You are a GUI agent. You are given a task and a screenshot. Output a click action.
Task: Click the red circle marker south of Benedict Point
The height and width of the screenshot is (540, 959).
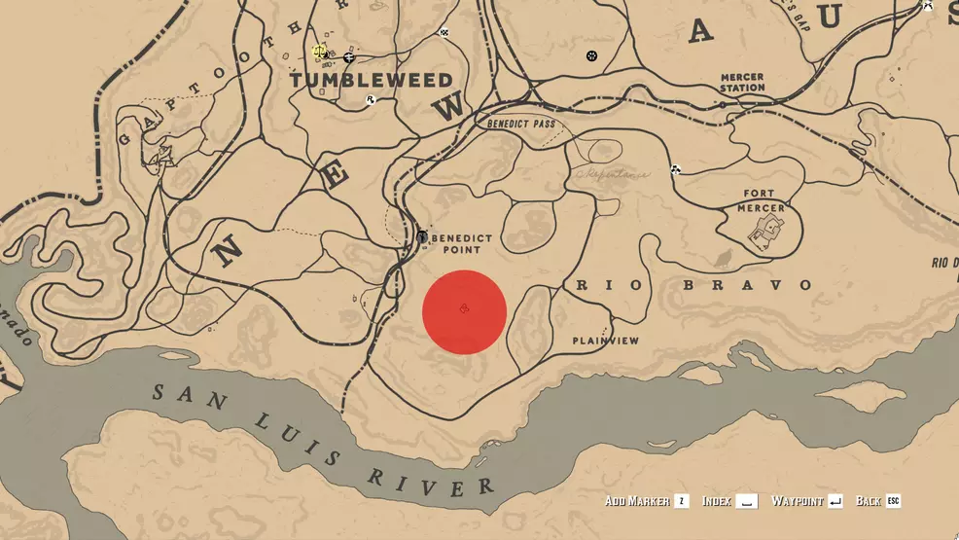pos(464,311)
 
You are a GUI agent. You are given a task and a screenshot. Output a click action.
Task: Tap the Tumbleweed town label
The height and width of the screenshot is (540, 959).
pos(371,80)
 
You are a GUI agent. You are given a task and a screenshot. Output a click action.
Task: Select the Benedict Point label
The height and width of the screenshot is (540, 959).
pos(461,243)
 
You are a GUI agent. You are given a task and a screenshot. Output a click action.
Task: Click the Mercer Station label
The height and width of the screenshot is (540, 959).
pos(743,82)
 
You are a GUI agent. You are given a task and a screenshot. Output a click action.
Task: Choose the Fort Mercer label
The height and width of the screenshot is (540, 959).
pos(763,199)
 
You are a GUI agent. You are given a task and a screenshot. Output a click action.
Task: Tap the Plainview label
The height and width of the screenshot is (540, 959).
pos(605,341)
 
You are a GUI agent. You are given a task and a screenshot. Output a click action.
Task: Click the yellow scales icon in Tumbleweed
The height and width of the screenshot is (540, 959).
pos(318,51)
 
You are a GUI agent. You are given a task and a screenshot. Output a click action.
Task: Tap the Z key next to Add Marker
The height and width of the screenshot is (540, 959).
pos(683,501)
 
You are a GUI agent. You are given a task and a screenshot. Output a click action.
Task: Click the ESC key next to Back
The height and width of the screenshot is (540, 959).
pos(893,501)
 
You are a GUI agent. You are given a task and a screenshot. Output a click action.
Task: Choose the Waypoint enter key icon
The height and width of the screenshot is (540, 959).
pos(835,501)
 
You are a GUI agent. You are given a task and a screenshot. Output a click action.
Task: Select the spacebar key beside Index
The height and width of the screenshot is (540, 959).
pos(746,501)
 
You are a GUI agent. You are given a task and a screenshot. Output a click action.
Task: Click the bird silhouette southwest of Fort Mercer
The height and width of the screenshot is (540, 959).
pos(725,259)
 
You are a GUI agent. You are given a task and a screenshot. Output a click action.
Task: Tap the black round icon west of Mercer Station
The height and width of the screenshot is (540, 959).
pos(591,55)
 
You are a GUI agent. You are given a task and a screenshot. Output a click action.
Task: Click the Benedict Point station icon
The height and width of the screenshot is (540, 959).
pos(422,236)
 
